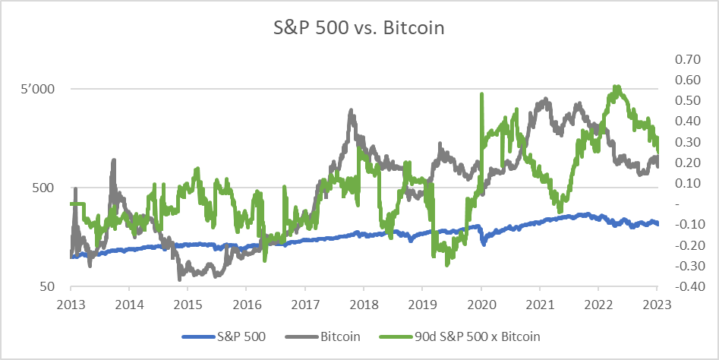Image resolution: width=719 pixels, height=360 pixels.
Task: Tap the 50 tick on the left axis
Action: (x=50, y=286)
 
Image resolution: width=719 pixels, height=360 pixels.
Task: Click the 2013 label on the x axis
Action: (x=71, y=302)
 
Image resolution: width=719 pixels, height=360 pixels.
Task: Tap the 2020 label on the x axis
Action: (x=481, y=302)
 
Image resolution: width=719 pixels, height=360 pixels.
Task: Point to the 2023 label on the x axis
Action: (x=657, y=302)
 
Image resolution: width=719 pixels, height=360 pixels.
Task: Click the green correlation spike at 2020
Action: (x=481, y=95)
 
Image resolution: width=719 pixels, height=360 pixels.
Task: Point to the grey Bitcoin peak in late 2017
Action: (x=351, y=111)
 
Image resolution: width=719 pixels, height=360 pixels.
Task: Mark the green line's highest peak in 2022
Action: (x=617, y=87)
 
